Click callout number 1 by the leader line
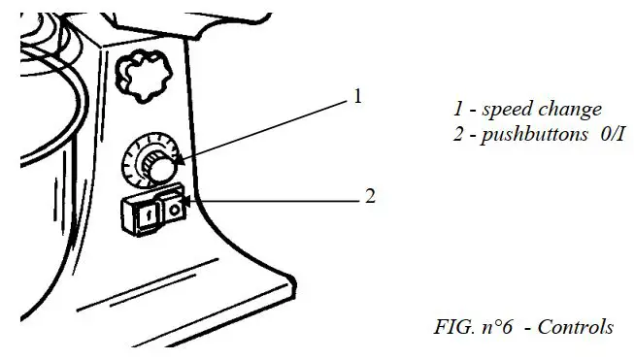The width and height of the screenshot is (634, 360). point(357,96)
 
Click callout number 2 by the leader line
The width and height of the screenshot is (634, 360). point(369,196)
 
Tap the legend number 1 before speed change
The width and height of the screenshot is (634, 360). point(458,109)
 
